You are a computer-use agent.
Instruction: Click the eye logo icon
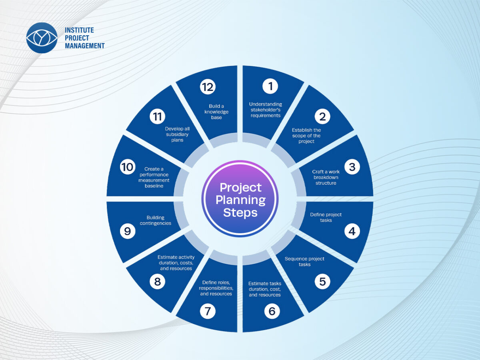tap(42, 38)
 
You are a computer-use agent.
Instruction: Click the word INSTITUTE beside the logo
tap(79, 30)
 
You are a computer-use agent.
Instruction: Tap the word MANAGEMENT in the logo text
tap(85, 46)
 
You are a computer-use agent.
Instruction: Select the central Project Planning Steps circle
tap(240, 199)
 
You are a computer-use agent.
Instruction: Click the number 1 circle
tap(270, 86)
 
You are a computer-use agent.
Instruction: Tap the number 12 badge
tap(208, 87)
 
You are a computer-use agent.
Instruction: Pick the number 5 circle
tap(322, 282)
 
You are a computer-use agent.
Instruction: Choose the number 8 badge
tap(158, 282)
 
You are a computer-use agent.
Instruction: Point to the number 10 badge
tap(128, 167)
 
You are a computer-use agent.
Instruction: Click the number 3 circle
tap(352, 167)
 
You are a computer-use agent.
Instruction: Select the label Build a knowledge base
tap(216, 112)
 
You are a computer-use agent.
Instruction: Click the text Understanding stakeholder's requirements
tap(266, 110)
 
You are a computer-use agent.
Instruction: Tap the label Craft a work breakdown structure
tap(326, 177)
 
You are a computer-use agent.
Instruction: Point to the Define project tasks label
tap(326, 217)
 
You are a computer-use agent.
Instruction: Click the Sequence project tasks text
tap(304, 262)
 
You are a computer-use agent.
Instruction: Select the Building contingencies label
tap(156, 220)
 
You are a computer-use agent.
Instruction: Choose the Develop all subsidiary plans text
tap(177, 134)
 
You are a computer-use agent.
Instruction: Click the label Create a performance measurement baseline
tap(154, 177)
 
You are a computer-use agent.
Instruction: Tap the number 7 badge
tap(208, 311)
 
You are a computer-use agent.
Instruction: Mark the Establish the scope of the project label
tap(306, 136)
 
